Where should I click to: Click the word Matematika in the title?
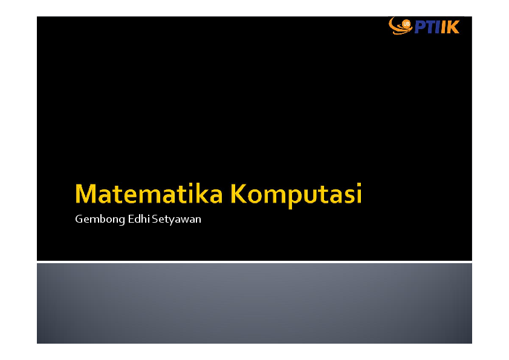coord(149,194)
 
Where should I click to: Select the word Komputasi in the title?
coord(296,195)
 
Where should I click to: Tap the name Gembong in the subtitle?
coord(100,219)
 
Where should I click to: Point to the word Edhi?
coord(138,218)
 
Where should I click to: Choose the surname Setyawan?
coord(177,220)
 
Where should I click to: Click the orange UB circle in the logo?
coord(406,24)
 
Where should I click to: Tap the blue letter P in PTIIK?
coord(421,27)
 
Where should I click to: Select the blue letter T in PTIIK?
coord(432,27)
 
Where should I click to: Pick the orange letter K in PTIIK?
coord(453,27)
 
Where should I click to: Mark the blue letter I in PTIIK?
coord(438,27)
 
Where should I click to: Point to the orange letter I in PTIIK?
coord(444,27)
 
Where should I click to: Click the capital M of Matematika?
coord(86,194)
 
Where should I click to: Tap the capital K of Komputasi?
coord(239,194)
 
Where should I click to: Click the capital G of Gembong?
coord(79,219)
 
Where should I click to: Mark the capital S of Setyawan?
coord(155,219)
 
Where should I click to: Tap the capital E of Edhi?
coord(131,219)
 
